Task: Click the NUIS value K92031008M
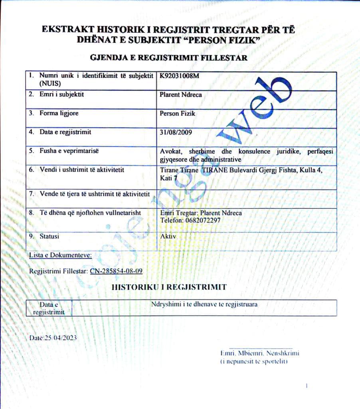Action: (x=179, y=76)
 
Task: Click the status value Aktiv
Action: (x=168, y=236)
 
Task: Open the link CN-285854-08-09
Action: (x=116, y=271)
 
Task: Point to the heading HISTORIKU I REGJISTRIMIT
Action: (x=169, y=287)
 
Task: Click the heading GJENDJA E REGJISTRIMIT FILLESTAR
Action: (x=169, y=58)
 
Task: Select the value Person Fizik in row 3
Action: (x=178, y=113)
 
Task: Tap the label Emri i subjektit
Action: (x=61, y=95)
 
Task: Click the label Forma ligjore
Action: (x=59, y=113)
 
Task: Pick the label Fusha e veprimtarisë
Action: (x=69, y=151)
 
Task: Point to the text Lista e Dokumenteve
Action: (x=61, y=255)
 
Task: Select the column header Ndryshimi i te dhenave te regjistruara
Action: (x=204, y=304)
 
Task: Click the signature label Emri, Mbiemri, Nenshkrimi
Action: (x=260, y=353)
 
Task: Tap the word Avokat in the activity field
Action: (x=170, y=152)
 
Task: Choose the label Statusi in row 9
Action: (x=49, y=236)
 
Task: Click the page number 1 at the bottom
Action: (x=307, y=385)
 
